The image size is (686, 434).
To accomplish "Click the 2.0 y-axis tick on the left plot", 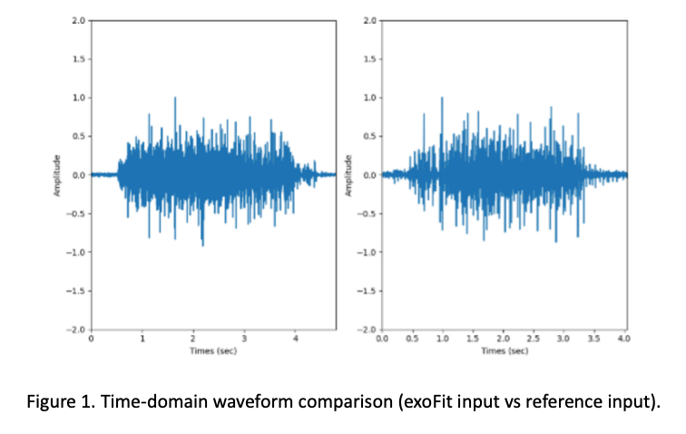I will click(81, 20).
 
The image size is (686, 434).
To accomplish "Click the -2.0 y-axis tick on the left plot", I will click(79, 330).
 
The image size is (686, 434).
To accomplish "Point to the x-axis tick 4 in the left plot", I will click(295, 338).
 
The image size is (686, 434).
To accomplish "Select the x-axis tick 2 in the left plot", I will click(193, 338).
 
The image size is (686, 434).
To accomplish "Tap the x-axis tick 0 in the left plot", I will click(92, 338).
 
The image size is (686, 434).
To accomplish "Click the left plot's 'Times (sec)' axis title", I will click(213, 350).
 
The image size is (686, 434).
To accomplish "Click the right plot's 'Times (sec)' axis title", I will click(505, 350).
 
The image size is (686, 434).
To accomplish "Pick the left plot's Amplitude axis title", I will click(57, 174).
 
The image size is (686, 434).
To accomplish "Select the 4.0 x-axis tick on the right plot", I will click(623, 338).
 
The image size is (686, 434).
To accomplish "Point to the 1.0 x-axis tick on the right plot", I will click(442, 338).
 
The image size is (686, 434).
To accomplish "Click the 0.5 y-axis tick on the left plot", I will click(81, 136).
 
